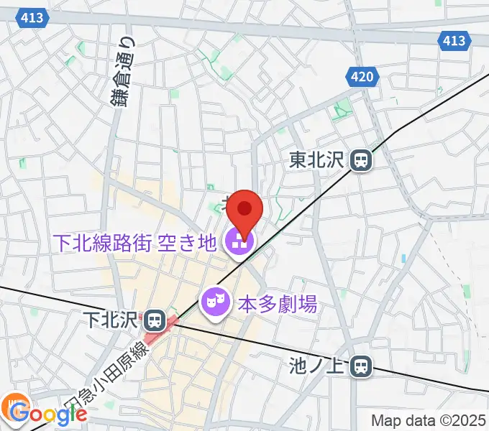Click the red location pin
click(x=245, y=210)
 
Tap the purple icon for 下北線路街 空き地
click(x=238, y=243)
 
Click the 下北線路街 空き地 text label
click(x=134, y=243)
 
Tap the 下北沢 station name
click(x=112, y=318)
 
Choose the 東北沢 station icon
click(x=360, y=160)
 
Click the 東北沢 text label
click(x=319, y=160)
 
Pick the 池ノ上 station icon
click(x=360, y=368)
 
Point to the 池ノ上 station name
click(x=319, y=368)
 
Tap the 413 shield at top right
click(x=454, y=41)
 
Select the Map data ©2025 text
click(x=429, y=421)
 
